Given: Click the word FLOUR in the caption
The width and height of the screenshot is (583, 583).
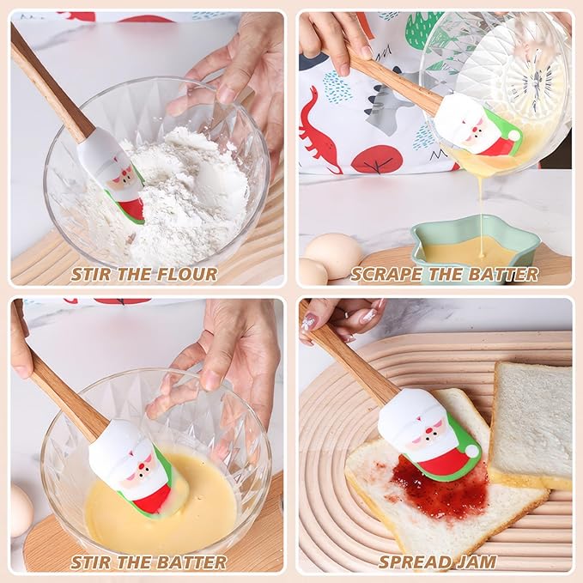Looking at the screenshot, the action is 186,275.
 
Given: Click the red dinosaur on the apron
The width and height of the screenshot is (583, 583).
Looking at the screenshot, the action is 320,131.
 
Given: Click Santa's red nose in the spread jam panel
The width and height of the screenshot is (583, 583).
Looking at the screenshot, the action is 430,431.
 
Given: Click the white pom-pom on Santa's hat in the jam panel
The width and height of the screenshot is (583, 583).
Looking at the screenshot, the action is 472,451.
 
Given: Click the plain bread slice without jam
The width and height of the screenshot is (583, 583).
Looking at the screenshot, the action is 531,424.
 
